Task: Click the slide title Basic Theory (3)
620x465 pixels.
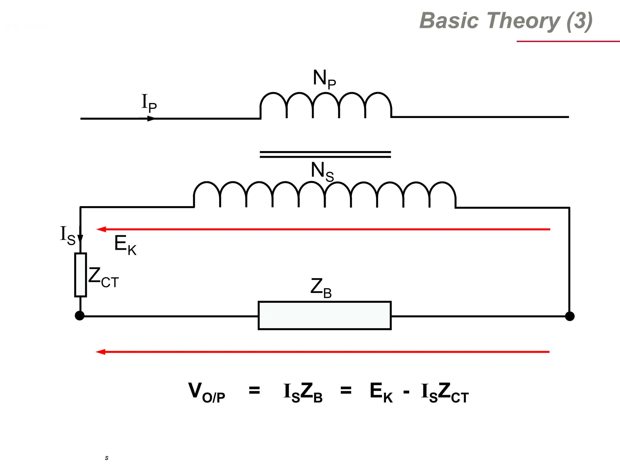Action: tap(506, 21)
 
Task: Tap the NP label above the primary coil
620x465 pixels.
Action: tap(324, 79)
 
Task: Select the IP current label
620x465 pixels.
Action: tap(149, 103)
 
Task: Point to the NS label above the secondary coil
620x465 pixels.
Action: tap(322, 171)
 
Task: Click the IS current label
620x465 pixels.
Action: tap(68, 236)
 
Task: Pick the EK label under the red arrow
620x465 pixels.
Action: tap(125, 245)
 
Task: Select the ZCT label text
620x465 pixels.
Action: tap(103, 277)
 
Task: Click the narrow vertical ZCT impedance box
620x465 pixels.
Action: tap(81, 275)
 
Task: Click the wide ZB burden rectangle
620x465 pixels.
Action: tap(325, 315)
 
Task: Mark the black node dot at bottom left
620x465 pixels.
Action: tap(80, 316)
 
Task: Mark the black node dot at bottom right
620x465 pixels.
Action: tap(569, 316)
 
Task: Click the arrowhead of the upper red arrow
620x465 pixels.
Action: tap(101, 229)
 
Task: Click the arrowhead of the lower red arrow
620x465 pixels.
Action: tap(101, 352)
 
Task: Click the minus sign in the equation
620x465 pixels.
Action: tap(406, 393)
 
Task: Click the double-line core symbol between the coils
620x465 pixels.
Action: tap(325, 154)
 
